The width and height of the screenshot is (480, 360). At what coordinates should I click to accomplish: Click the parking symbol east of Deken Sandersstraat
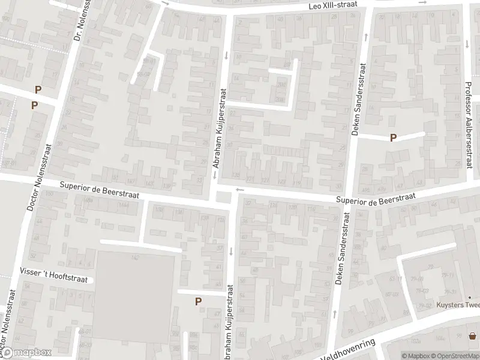(393, 137)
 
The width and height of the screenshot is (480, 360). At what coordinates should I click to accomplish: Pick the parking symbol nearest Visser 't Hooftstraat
(198, 301)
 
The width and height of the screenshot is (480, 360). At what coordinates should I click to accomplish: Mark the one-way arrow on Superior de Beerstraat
(240, 190)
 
